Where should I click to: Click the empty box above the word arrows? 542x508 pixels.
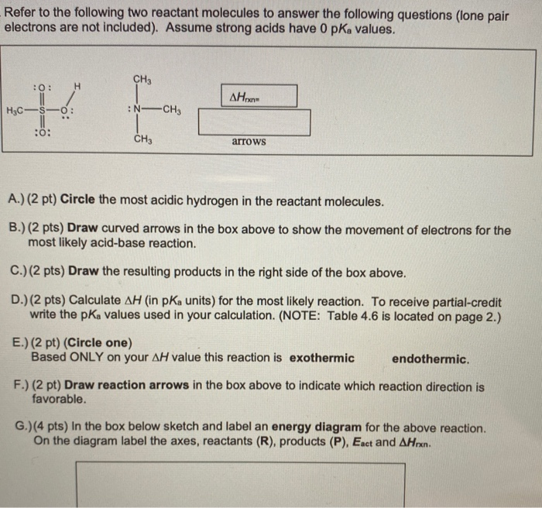[254, 122]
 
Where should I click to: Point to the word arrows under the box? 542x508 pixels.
[249, 142]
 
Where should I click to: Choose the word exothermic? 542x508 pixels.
[322, 359]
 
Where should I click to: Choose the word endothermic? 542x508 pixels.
[431, 359]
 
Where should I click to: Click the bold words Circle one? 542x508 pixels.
[99, 342]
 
